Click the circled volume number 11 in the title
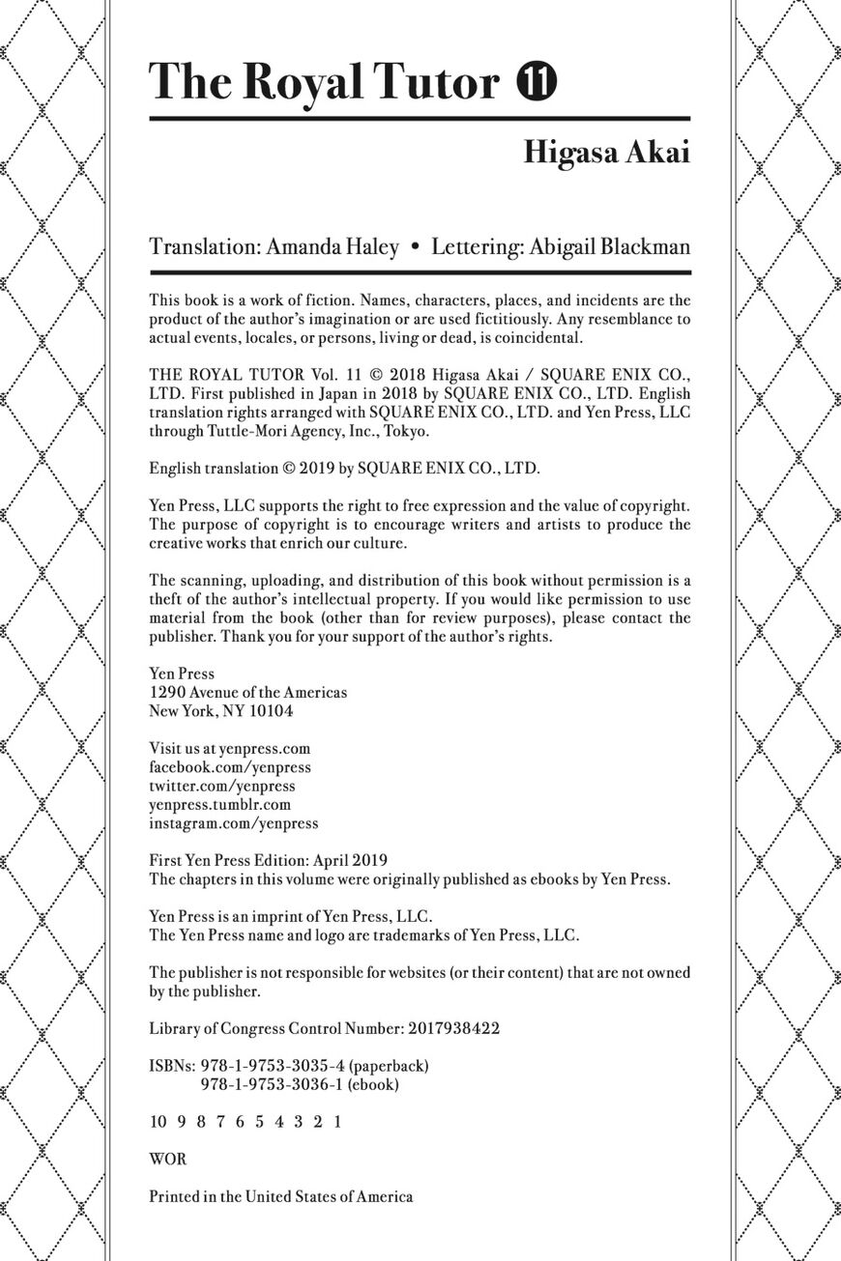(535, 82)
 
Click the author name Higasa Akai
(607, 153)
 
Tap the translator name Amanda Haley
(333, 247)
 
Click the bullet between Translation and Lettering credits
(415, 247)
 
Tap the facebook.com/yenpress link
(230, 767)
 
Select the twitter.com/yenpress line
(222, 786)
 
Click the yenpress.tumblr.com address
(219, 804)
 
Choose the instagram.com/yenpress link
(233, 823)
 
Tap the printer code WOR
(168, 1159)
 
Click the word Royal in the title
(298, 82)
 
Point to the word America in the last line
(381, 1196)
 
